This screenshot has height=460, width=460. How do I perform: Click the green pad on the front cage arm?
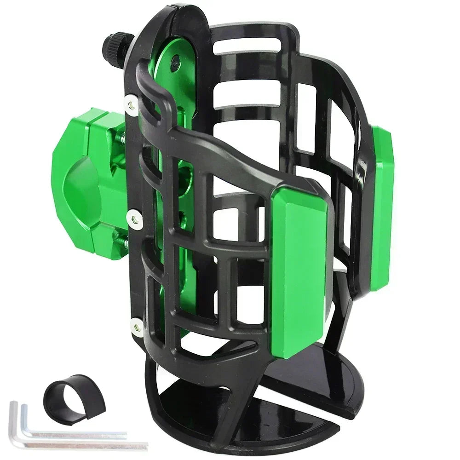click(x=299, y=267)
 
